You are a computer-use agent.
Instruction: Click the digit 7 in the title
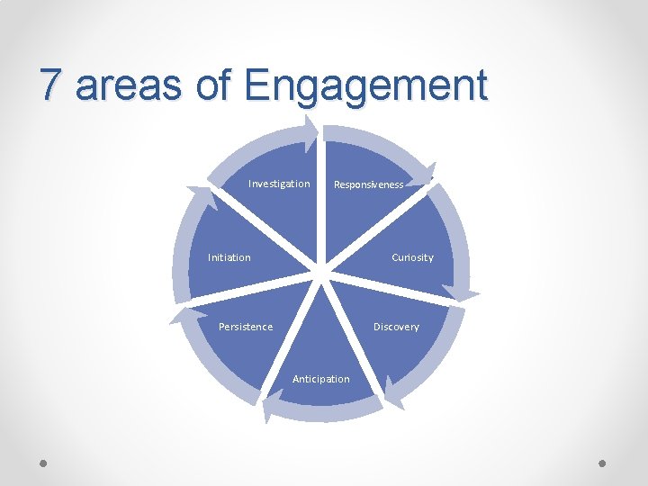tap(52, 86)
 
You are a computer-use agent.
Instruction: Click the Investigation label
tap(279, 184)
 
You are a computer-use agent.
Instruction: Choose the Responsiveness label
tap(369, 184)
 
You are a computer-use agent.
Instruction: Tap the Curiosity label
tap(412, 257)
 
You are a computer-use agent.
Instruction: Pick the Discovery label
tap(396, 327)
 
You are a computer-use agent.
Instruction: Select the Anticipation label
tap(321, 379)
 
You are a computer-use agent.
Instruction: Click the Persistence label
tap(246, 327)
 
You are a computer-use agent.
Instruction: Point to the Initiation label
tap(229, 257)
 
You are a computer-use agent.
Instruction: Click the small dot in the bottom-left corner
tap(43, 464)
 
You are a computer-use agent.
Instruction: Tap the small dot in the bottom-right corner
tap(603, 464)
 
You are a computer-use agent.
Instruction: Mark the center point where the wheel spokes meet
tap(321, 267)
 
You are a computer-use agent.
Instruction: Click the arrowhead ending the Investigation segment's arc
tap(310, 131)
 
